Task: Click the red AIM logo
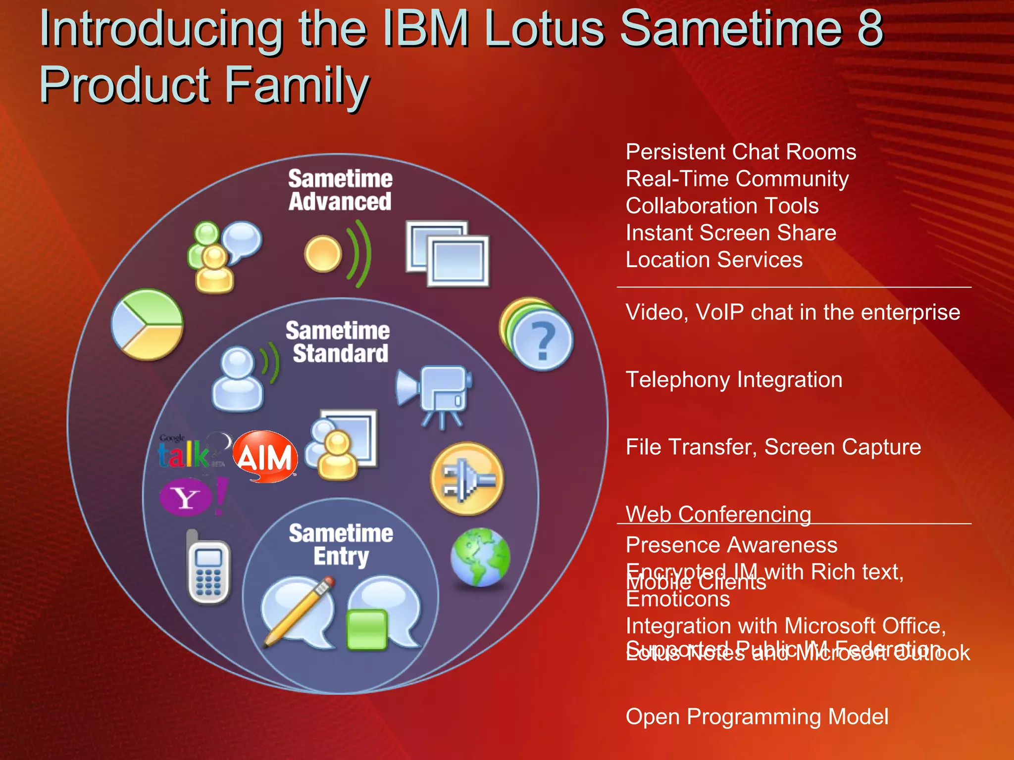coord(265,456)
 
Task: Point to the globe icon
coord(480,557)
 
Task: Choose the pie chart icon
coord(147,325)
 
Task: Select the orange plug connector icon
coord(467,479)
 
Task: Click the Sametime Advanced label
coord(340,190)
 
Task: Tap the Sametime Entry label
coord(341,544)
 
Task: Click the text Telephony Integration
coord(734,380)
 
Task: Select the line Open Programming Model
coord(757,716)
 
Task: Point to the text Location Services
coord(714,260)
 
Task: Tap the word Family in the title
coord(297,85)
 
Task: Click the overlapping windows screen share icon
coord(447,253)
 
